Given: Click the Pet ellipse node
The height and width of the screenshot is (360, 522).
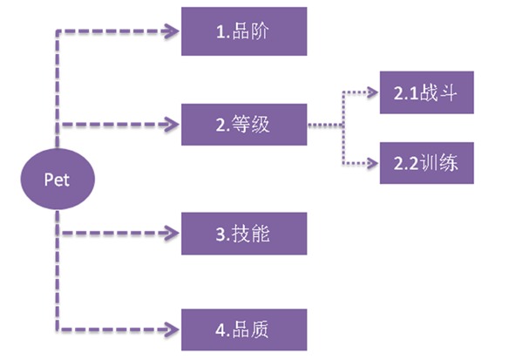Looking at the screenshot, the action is [x=58, y=180].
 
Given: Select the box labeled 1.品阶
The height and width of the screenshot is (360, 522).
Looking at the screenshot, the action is [x=244, y=31].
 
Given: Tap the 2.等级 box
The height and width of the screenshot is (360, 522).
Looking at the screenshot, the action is [x=244, y=125].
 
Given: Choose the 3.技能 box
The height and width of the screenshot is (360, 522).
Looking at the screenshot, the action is [x=244, y=234].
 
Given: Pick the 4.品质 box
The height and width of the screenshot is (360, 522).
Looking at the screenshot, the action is [x=244, y=329].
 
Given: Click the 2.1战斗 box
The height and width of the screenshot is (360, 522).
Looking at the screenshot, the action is [x=427, y=92].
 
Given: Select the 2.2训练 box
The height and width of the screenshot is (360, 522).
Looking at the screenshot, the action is [x=427, y=163].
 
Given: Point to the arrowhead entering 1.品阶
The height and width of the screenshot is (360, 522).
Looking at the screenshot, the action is [x=173, y=31].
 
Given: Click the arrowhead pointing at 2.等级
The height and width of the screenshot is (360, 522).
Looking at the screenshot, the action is [x=173, y=125].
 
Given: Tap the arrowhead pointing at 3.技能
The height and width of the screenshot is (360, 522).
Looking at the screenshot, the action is [x=173, y=233].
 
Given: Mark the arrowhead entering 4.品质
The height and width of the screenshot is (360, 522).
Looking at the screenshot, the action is [x=173, y=329].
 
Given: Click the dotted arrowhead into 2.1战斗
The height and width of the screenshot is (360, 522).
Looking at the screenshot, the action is [x=372, y=92].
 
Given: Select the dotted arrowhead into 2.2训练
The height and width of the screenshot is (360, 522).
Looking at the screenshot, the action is [x=372, y=163].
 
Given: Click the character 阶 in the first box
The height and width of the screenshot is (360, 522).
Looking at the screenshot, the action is [x=260, y=31].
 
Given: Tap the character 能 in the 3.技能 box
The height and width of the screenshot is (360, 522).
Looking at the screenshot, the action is [x=261, y=234].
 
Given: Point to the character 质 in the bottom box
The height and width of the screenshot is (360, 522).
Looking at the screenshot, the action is [x=260, y=329].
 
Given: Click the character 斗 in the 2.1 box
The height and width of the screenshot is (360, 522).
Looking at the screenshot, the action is [x=448, y=92].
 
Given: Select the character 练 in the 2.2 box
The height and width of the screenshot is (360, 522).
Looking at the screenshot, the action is [x=449, y=163].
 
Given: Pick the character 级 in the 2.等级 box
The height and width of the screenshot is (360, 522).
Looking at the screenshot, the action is [x=261, y=125].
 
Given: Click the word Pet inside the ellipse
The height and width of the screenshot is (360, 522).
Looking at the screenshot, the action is [x=57, y=180].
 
